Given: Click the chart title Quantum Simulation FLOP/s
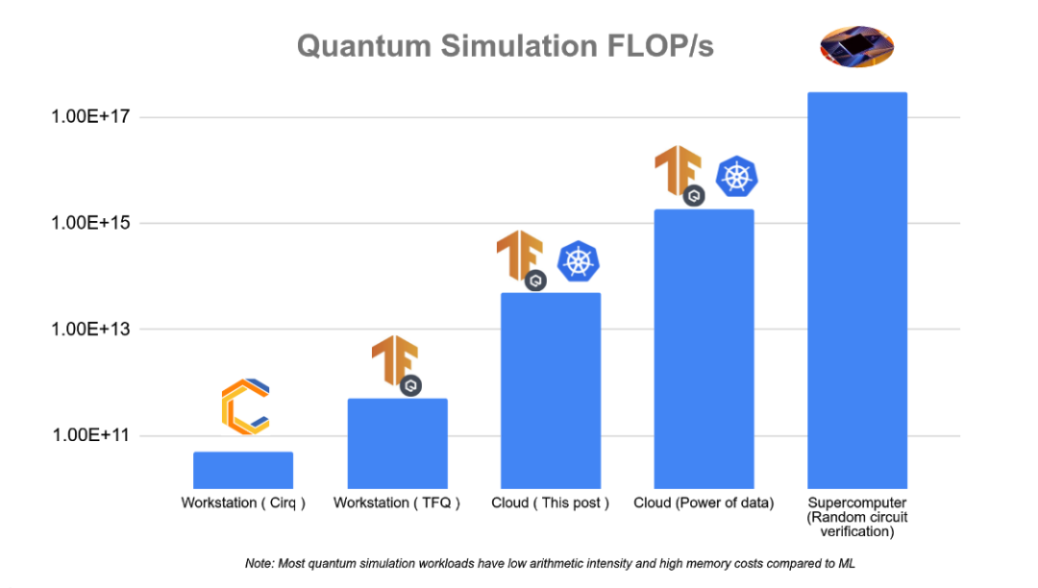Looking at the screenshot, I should click(505, 45).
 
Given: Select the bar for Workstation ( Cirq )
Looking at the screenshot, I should click(243, 470).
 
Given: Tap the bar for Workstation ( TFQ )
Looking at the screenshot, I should click(397, 443).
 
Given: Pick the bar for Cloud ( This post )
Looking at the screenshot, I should click(551, 390).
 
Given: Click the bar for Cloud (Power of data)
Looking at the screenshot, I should click(704, 349).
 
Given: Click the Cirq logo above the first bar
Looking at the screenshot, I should click(245, 407).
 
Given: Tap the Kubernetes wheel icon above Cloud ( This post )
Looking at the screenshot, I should click(578, 261).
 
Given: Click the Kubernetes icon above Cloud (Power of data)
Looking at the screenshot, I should click(737, 176).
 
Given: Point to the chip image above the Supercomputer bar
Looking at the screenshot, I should click(856, 46).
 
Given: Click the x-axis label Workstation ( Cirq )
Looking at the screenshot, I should click(243, 503).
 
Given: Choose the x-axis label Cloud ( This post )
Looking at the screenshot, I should click(550, 503).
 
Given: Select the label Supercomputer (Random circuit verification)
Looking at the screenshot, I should click(857, 517).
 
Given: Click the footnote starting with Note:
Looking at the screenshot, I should click(550, 564).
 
